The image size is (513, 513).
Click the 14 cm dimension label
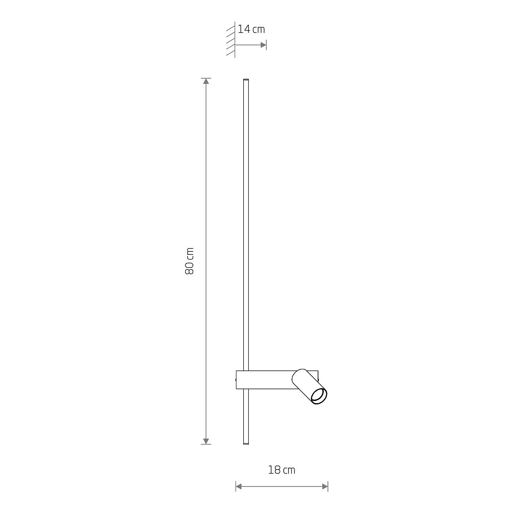(x=251, y=29)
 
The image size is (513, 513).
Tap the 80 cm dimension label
(x=189, y=261)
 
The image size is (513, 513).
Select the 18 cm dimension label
(x=282, y=470)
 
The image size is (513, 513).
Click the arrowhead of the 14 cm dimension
(x=263, y=45)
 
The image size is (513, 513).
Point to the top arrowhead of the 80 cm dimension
(x=206, y=81)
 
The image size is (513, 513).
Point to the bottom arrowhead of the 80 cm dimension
(x=206, y=441)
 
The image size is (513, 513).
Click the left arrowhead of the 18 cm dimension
(x=239, y=486)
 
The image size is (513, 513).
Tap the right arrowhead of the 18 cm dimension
(x=325, y=486)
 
